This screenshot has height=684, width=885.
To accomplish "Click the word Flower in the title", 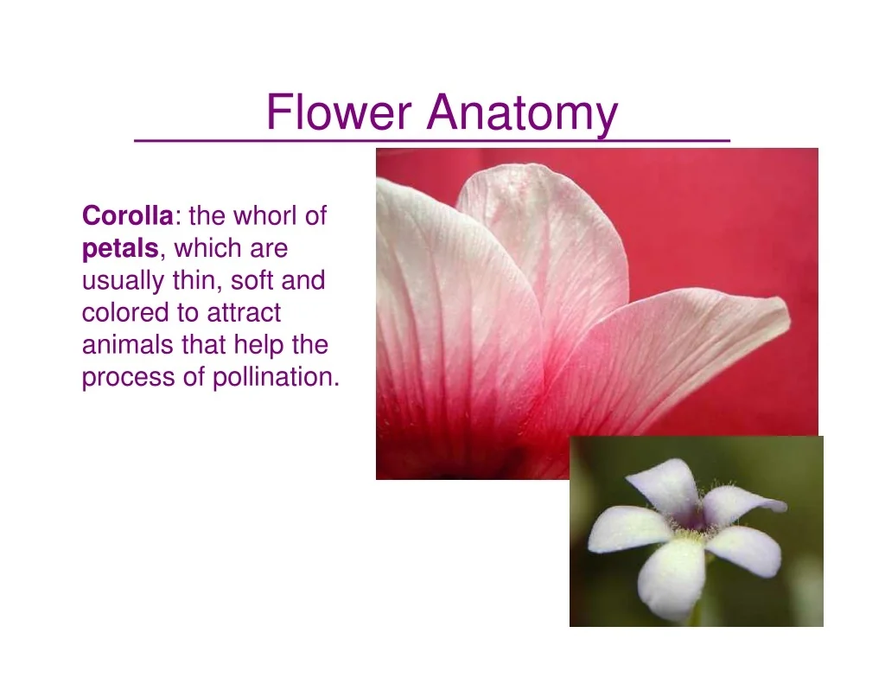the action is click(x=339, y=112).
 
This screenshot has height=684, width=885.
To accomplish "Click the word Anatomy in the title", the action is click(x=522, y=114).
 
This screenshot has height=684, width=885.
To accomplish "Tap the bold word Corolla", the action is click(x=128, y=215).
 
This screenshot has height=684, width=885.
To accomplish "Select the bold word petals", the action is click(x=120, y=249).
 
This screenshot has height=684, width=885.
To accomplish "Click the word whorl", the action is click(x=266, y=215).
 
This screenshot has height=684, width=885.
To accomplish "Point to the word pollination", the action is click(x=276, y=377).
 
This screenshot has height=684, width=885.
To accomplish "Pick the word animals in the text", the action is click(x=128, y=344).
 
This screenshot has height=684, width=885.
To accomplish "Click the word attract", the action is click(x=244, y=313).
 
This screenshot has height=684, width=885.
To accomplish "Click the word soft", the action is click(x=251, y=280).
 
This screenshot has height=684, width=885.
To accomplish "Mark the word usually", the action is click(x=124, y=281).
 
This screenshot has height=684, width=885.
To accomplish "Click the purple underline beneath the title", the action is click(x=432, y=139).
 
